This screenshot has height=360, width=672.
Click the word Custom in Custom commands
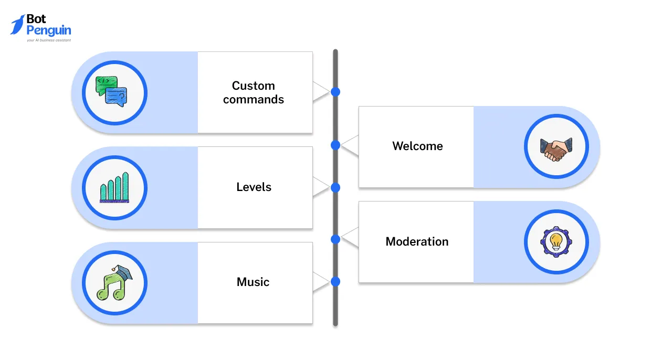pos(253,86)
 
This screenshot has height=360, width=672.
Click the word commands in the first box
pos(253,100)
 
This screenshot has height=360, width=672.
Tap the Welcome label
pos(417,146)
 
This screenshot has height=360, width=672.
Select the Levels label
pos(254,187)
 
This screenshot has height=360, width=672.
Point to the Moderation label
pos(417,242)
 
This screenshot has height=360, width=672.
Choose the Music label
pos(253,282)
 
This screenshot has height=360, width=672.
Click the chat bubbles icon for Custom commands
pos(111,92)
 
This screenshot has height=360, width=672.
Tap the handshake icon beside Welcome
pos(556,149)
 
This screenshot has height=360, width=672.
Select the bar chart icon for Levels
pos(114,188)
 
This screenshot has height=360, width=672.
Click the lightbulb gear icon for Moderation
pos(556,242)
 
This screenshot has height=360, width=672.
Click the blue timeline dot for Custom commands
pos(335,92)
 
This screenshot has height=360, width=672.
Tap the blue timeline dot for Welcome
pos(335,145)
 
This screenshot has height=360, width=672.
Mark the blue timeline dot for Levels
pos(335,187)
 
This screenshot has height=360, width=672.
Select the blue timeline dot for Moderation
pos(335,239)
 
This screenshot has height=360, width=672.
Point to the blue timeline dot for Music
pos(335,282)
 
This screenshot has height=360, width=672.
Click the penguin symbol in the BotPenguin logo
pos(17,25)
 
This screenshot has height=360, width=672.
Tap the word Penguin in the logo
pos(48,30)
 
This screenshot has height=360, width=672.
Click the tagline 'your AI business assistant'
pos(48,40)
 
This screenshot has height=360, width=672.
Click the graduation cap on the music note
pos(124,272)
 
